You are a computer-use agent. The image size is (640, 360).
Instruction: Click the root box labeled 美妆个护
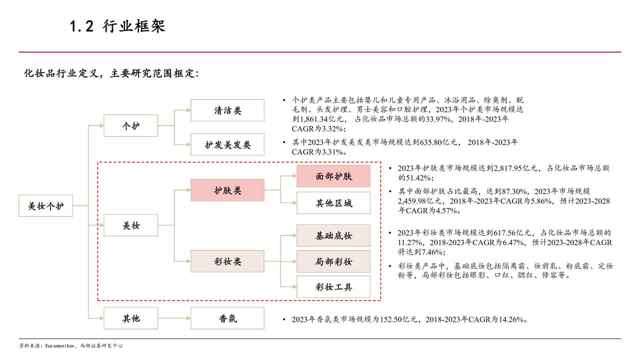[45, 205]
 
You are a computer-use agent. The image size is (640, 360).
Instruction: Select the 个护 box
[131, 125]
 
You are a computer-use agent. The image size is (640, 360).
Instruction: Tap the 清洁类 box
[227, 110]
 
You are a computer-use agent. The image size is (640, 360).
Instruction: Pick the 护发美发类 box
[227, 144]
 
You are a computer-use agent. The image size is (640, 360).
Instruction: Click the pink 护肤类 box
[227, 190]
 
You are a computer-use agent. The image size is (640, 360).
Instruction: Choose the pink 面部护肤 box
[333, 176]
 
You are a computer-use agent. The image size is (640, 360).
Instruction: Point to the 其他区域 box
[333, 203]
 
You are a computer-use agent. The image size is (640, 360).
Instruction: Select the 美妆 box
[131, 225]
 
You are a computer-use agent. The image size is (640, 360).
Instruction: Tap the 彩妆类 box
[227, 261]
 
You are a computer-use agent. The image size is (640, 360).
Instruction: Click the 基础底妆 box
[333, 235]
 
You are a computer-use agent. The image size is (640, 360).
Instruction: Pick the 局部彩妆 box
[333, 261]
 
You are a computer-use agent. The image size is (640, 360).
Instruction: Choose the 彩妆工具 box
[333, 287]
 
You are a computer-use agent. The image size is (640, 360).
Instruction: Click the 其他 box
[131, 318]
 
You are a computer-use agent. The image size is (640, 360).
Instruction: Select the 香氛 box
[227, 318]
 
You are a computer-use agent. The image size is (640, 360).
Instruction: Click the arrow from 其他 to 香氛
[174, 318]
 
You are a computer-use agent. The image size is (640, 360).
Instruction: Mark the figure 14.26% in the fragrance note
[511, 319]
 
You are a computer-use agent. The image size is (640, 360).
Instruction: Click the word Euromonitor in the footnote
[59, 345]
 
